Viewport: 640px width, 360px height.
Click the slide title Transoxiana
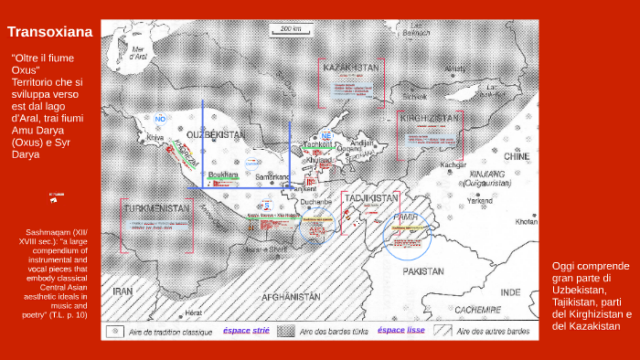tap(50, 33)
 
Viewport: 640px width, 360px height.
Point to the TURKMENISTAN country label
tap(157, 207)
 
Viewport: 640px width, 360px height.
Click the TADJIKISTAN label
tap(371, 198)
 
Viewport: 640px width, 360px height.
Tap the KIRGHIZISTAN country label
tap(430, 119)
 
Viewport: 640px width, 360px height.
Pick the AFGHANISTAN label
tap(290, 297)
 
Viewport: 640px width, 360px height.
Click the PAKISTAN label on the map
tap(423, 271)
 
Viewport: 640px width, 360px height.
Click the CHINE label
tap(517, 156)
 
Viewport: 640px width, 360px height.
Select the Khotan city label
tap(527, 222)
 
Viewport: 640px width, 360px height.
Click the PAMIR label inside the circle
tap(404, 217)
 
